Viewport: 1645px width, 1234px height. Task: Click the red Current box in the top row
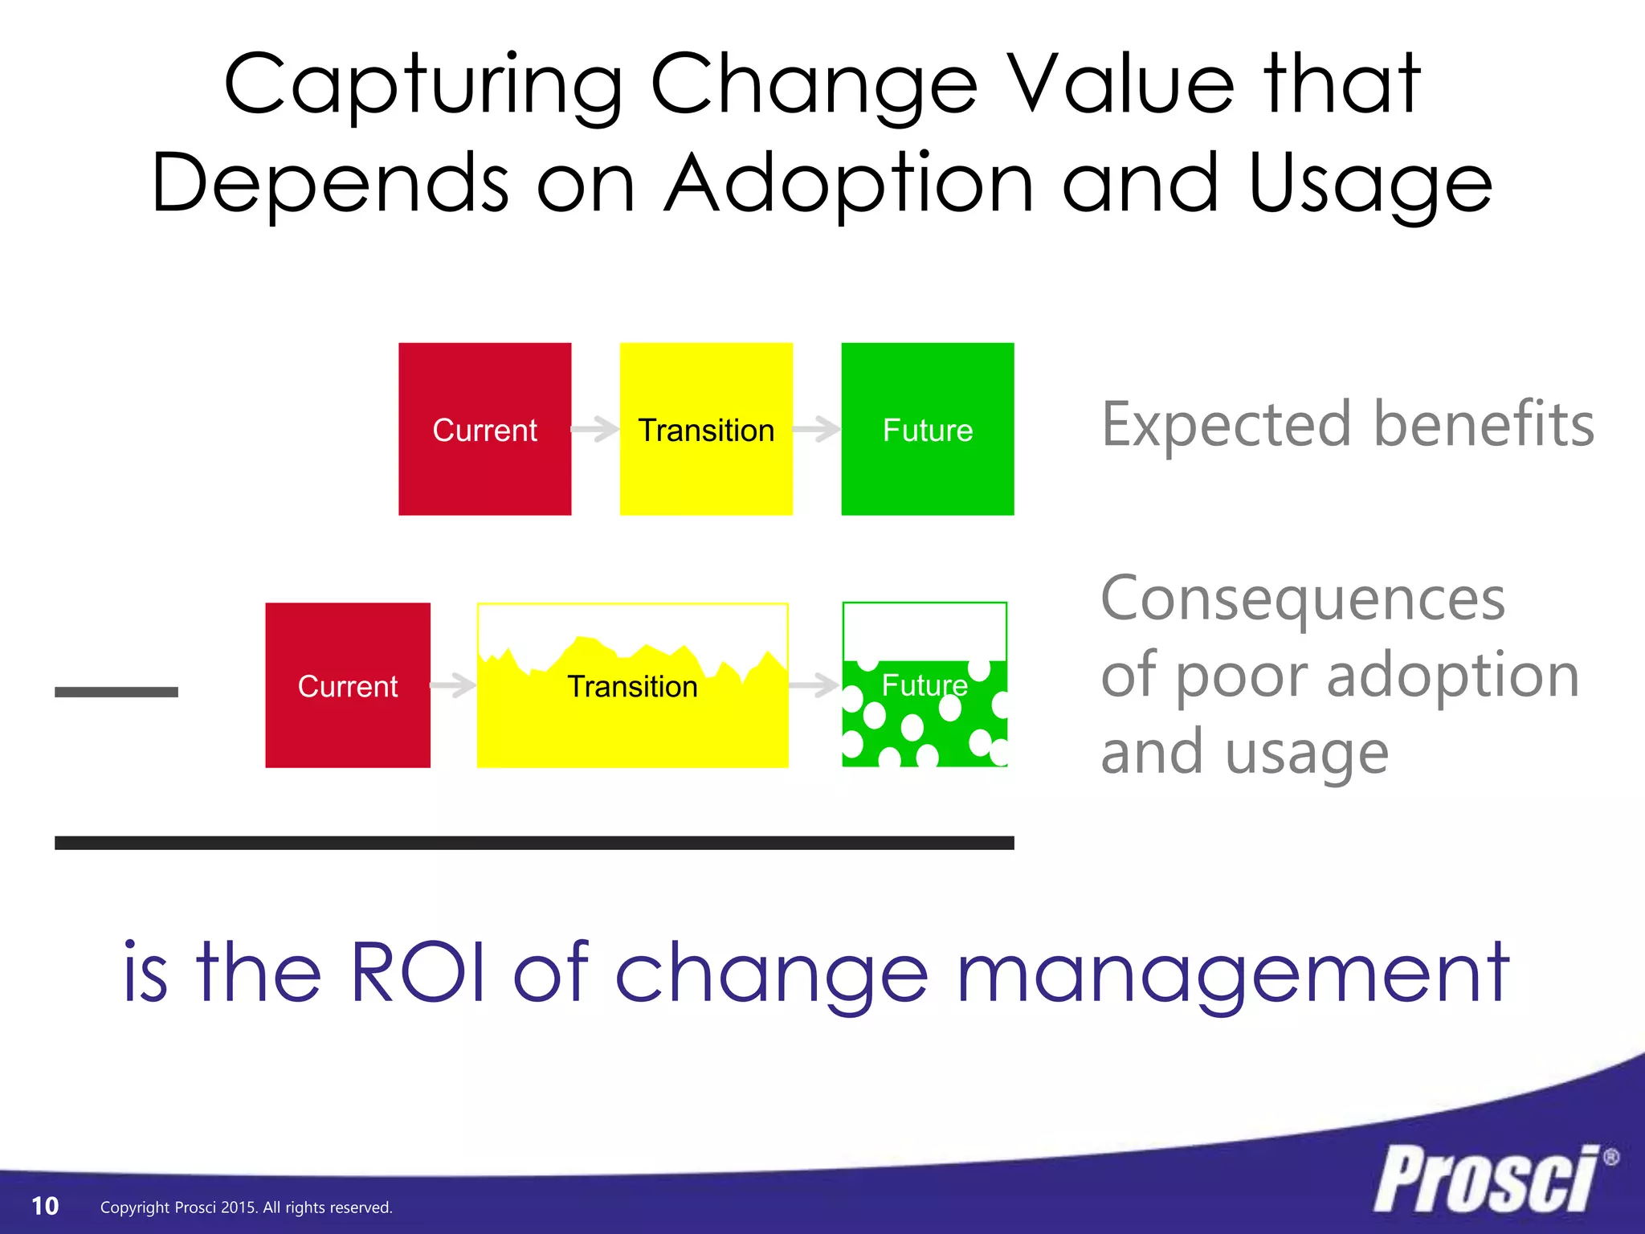click(x=484, y=429)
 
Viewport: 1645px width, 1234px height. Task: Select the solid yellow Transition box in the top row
click(x=706, y=429)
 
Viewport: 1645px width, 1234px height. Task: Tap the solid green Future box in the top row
click(x=927, y=429)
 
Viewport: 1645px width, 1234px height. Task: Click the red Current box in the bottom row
click(x=348, y=685)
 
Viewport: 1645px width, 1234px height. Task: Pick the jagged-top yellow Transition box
click(x=632, y=707)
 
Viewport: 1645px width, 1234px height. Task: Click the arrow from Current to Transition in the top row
click(x=595, y=429)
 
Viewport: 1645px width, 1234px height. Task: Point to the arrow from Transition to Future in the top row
click(x=817, y=429)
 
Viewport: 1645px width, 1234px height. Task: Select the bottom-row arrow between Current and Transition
click(x=454, y=685)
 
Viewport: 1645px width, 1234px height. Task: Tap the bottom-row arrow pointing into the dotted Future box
click(x=814, y=685)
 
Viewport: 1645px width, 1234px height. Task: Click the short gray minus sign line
click(x=116, y=692)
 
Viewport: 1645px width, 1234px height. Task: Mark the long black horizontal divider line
click(x=534, y=843)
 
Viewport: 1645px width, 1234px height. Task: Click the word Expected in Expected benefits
click(x=1226, y=426)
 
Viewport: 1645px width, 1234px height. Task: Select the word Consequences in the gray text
click(x=1302, y=599)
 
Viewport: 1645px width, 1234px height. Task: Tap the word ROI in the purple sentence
click(x=418, y=974)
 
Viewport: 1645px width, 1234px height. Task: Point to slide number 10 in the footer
click(x=45, y=1206)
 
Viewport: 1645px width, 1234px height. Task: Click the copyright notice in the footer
click(x=246, y=1207)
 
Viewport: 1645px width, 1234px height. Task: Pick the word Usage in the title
click(x=1369, y=185)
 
